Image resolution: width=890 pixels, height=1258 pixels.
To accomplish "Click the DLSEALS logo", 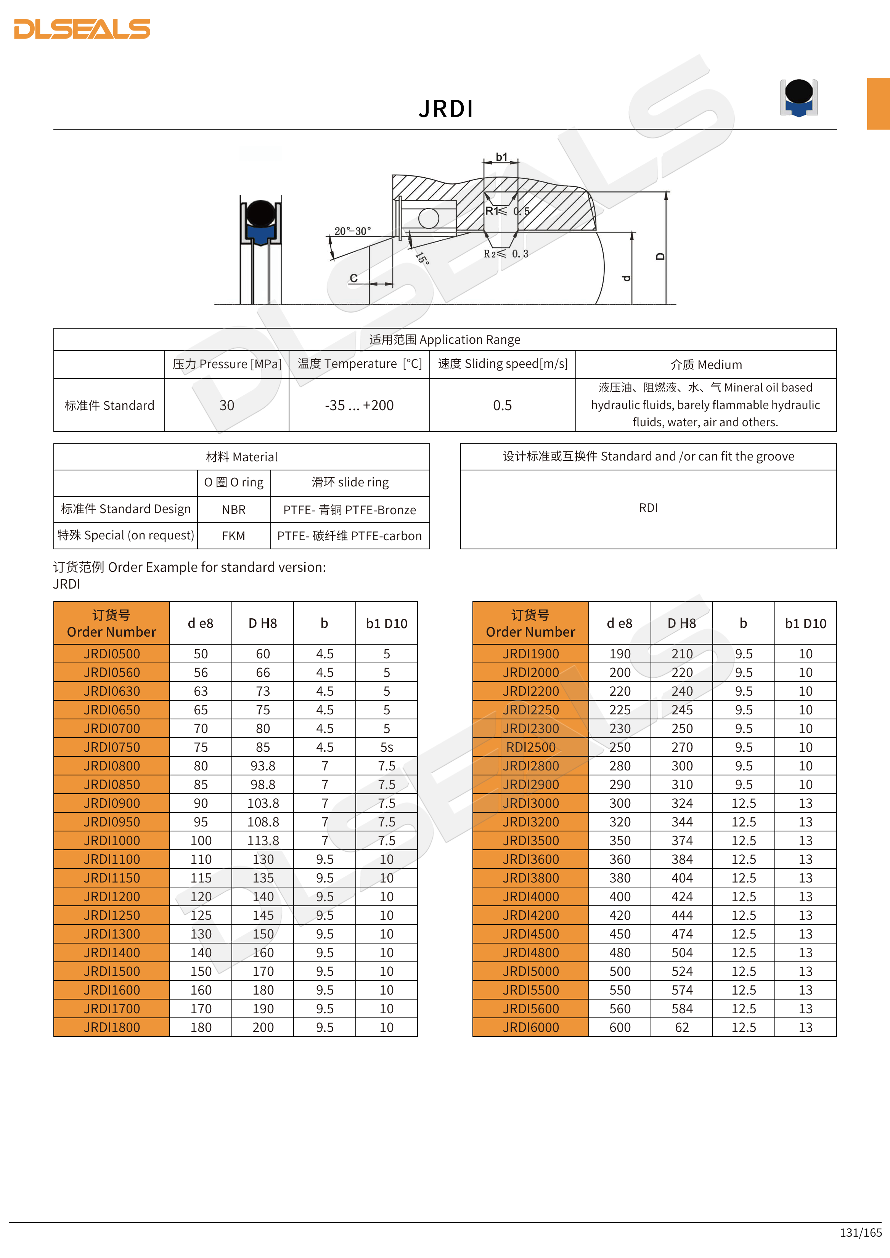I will pos(82,29).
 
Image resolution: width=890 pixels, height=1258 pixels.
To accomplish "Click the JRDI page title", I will pos(445,109).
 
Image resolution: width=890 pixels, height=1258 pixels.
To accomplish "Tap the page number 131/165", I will pos(860,1232).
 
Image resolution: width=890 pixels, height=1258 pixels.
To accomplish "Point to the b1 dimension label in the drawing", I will pos(501,157).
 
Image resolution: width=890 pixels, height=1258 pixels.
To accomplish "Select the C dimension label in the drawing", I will pos(353,278).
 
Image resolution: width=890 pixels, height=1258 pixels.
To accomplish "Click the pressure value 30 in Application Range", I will pos(227,406).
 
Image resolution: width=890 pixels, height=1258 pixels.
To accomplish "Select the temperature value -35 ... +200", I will pos(359,406).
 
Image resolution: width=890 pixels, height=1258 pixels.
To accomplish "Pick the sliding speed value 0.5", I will pos(502,406).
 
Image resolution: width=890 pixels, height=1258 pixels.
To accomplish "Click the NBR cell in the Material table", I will pos(233,510).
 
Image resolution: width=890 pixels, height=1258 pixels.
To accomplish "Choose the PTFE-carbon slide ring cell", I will pos(350,536).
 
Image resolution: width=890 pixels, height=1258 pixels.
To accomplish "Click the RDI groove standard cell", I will pos(648,508).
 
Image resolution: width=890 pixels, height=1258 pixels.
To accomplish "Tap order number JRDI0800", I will pos(112,766).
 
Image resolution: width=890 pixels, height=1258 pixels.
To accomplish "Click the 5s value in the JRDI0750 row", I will pos(386,747).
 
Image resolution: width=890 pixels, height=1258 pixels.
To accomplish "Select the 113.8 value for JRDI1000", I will pos(263,841).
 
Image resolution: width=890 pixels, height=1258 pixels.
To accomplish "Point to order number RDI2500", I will pos(530,747).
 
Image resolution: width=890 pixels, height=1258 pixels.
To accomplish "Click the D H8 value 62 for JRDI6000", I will pos(682,1027).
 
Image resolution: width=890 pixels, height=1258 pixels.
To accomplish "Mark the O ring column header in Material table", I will pos(233,482).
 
